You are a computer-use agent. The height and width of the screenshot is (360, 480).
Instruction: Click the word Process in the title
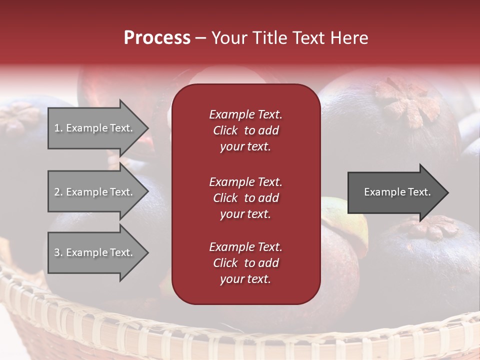pos(157,38)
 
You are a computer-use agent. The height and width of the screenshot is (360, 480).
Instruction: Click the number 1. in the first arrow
pos(58,128)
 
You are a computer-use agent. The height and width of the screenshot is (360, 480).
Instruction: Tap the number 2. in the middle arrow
pos(58,192)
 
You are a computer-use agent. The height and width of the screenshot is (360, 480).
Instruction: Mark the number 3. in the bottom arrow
pos(58,252)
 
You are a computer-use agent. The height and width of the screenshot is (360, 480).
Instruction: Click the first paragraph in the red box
pos(245,130)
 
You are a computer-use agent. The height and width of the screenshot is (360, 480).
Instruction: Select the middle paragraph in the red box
pos(245,198)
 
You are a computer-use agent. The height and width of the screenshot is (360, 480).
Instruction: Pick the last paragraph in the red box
pos(245,263)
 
